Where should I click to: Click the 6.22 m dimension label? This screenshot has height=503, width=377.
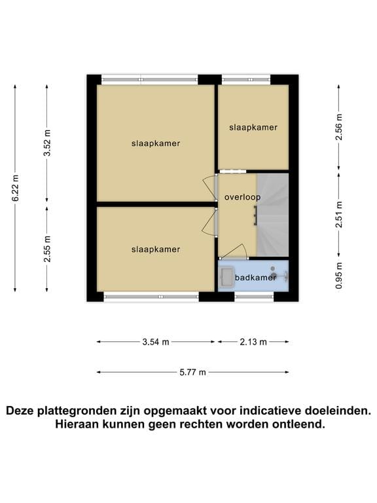click(15, 188)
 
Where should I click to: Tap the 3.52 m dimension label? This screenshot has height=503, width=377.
click(47, 143)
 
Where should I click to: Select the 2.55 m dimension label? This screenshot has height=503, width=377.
click(47, 249)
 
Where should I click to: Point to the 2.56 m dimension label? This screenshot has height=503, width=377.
click(339, 126)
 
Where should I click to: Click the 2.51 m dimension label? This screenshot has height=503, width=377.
click(339, 214)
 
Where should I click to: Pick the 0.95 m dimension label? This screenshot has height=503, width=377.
click(339, 275)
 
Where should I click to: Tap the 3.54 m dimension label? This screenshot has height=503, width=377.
click(156, 342)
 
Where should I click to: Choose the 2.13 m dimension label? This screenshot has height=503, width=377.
click(253, 342)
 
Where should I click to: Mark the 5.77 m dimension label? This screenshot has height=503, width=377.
click(192, 373)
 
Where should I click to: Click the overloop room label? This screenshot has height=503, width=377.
click(242, 197)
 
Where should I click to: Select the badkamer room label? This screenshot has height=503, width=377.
click(255, 278)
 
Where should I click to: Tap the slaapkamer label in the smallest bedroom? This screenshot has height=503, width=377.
click(253, 127)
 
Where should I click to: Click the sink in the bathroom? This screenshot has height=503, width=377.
click(227, 276)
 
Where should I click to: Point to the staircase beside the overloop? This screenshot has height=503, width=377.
click(273, 215)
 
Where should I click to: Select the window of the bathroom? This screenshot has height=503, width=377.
click(254, 297)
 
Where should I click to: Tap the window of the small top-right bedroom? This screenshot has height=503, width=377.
click(246, 79)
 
